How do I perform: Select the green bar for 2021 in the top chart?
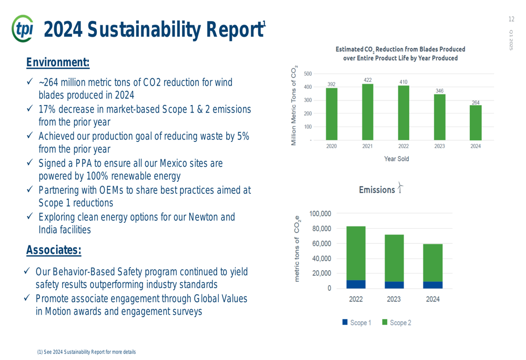[x=368, y=112]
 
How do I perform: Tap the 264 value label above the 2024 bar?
[x=476, y=102]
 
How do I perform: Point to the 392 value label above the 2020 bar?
[x=331, y=84]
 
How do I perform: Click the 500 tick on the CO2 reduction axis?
[x=307, y=74]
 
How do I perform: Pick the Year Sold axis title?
[x=396, y=158]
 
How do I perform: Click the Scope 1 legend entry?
[x=357, y=323]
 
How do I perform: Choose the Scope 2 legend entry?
[x=397, y=323]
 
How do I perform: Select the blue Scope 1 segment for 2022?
[x=356, y=284]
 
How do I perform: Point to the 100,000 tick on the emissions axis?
[x=320, y=214]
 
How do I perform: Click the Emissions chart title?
[x=376, y=190]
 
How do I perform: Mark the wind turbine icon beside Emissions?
[x=400, y=188]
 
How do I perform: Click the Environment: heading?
[x=58, y=63]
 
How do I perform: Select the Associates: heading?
[x=54, y=250]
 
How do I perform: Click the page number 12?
[x=511, y=19]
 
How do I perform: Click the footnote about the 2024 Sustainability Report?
[x=86, y=352]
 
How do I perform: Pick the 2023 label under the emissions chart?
[x=394, y=299]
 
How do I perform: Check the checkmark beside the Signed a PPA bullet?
[x=30, y=163]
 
